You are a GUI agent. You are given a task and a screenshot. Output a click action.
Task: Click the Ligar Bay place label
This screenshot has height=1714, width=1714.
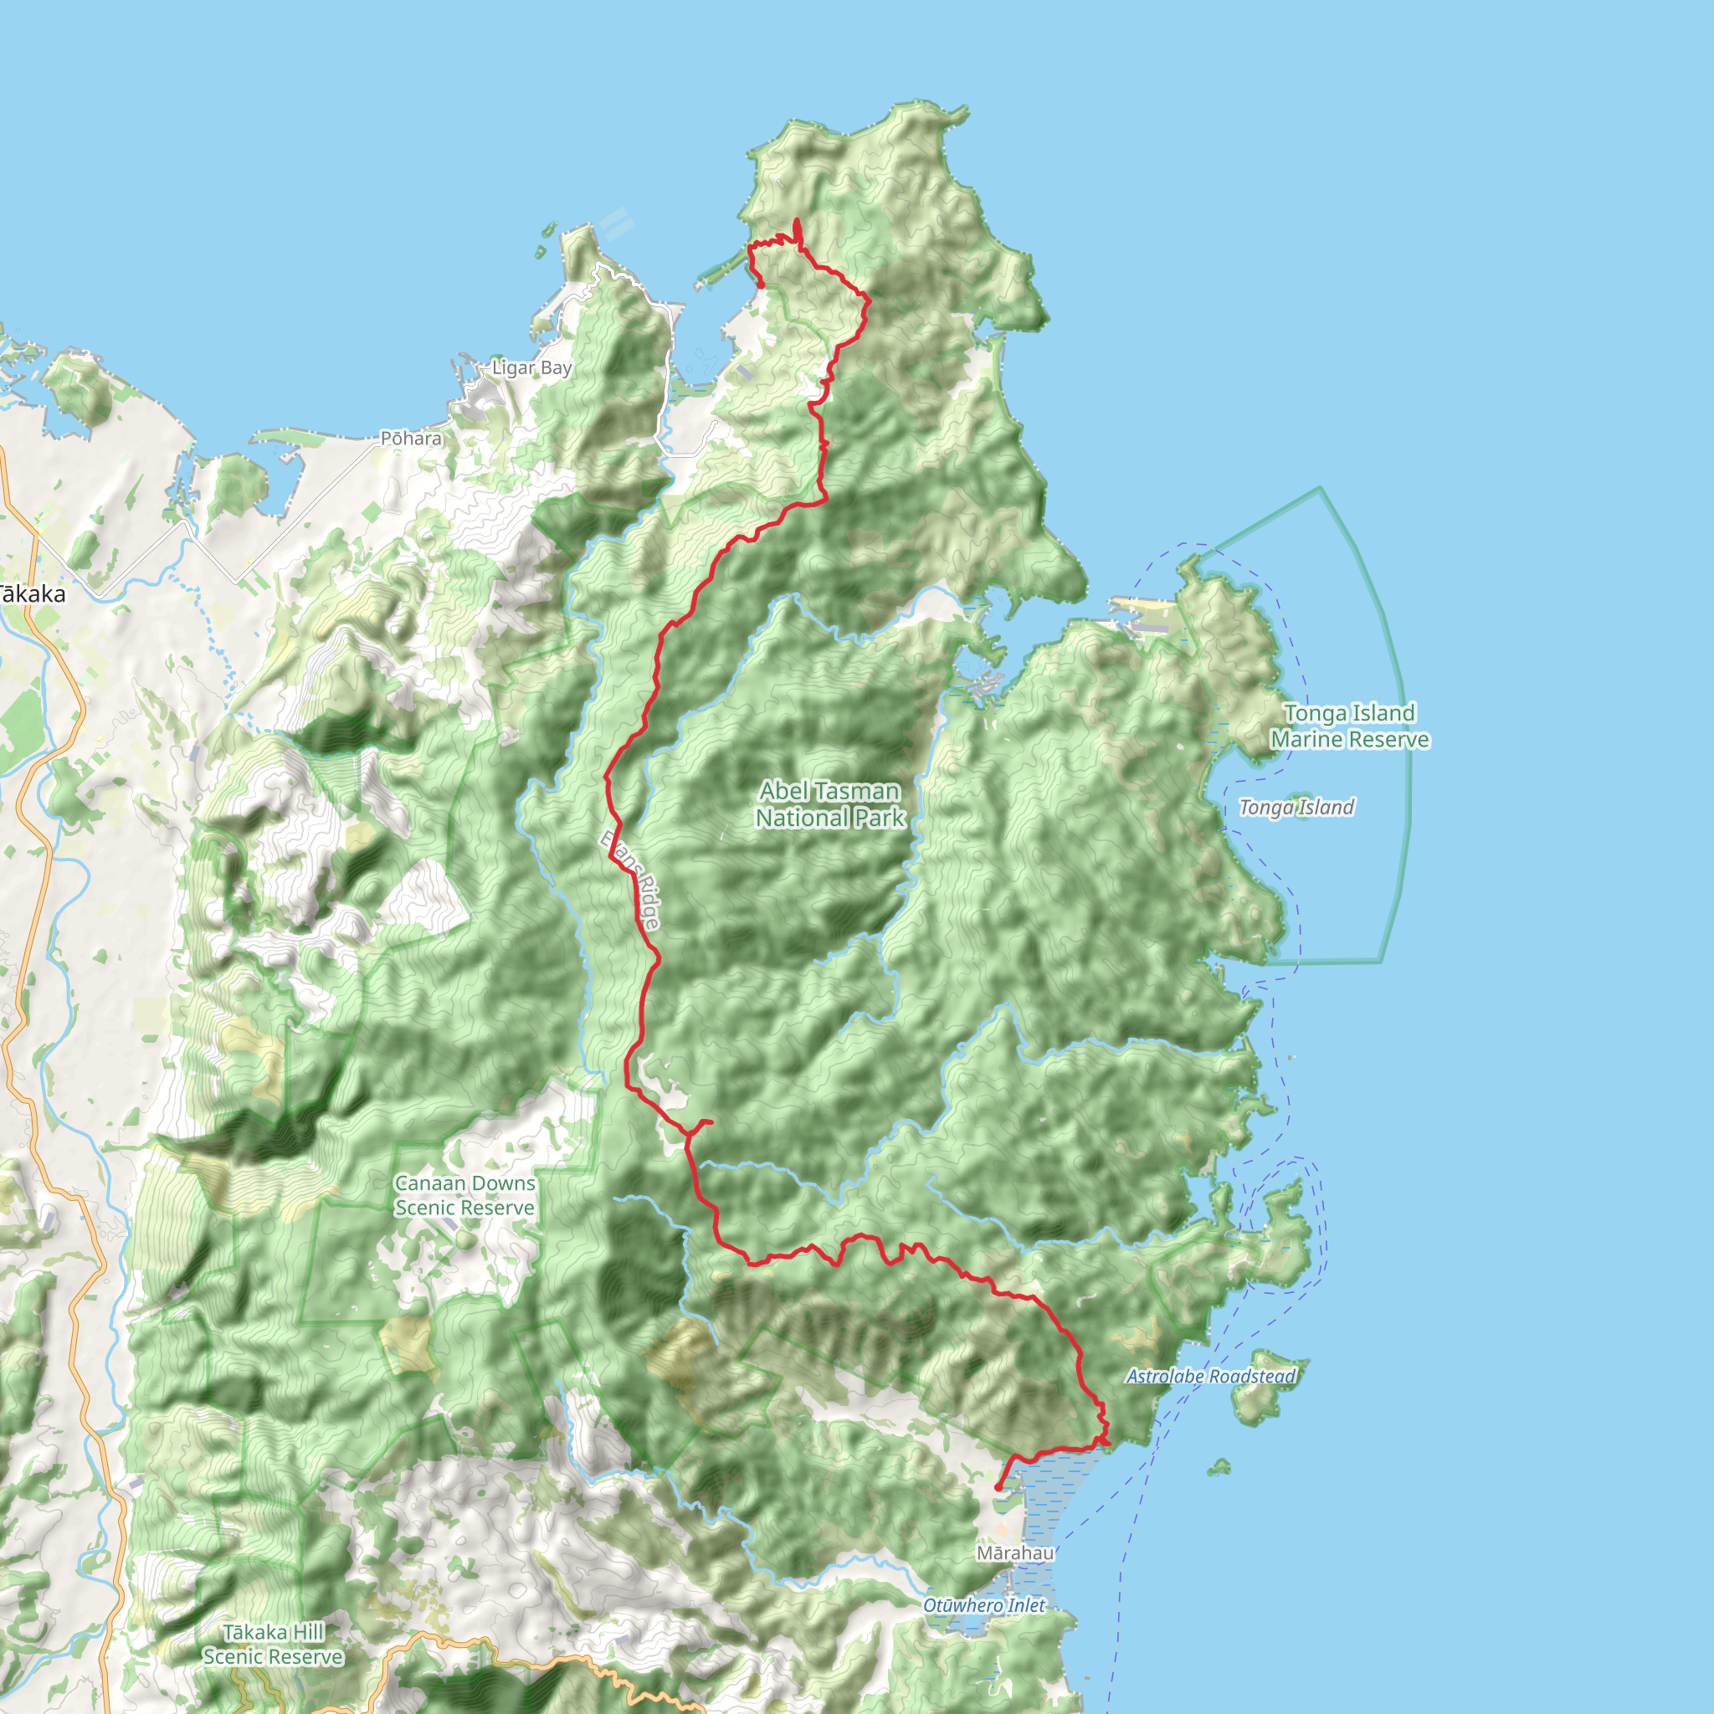coord(531,367)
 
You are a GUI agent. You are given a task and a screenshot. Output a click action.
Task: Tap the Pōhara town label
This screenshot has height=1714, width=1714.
coord(411,439)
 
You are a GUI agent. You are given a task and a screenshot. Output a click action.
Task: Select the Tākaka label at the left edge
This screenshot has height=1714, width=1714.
coord(32,594)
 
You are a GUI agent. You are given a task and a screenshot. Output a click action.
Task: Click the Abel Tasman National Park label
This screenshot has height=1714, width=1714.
coord(829,803)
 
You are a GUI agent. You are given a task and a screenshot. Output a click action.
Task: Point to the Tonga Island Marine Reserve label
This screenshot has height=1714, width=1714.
coord(1349,726)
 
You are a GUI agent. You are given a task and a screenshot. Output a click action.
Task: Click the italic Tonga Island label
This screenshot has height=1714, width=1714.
coord(1296,808)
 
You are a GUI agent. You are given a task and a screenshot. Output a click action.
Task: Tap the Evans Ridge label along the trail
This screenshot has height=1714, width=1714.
coord(632,880)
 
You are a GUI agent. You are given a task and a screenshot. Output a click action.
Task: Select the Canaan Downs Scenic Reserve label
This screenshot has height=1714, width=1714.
coord(464,1195)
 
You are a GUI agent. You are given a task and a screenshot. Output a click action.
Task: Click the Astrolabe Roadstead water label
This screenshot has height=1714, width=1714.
coord(1210,1376)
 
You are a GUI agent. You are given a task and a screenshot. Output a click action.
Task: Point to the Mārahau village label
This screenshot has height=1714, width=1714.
coord(1015,1552)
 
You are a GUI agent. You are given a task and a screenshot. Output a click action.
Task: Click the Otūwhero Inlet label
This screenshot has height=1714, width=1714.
coord(984,1605)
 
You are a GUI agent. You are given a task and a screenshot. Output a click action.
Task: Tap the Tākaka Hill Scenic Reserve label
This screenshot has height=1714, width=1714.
coord(273,1644)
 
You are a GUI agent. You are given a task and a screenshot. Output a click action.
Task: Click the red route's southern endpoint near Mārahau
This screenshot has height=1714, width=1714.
coord(998,1488)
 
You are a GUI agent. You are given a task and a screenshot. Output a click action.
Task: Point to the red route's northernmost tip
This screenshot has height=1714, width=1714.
coord(797,221)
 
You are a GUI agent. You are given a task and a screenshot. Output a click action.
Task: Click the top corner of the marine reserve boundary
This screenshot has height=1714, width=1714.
coord(1320,488)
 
